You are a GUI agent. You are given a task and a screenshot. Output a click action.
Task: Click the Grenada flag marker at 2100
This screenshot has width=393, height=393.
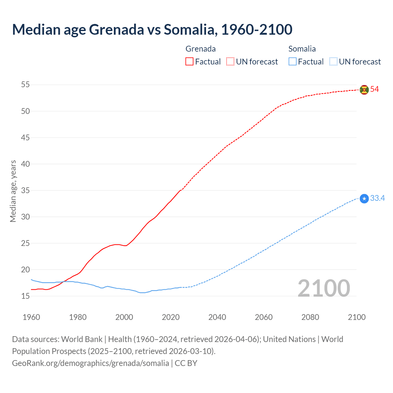[364, 90]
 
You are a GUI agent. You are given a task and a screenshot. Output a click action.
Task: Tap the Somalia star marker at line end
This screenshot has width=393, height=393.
[364, 199]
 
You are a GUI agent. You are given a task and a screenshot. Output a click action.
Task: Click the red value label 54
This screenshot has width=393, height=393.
[375, 89]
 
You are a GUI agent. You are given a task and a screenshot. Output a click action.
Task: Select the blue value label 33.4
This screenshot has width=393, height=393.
[377, 198]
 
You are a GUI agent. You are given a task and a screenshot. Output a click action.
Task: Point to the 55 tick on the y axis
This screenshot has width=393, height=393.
[25, 84]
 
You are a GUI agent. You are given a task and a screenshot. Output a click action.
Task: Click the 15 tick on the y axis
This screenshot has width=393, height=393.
[25, 296]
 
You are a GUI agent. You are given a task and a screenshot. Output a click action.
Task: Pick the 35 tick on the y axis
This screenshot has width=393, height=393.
[25, 190]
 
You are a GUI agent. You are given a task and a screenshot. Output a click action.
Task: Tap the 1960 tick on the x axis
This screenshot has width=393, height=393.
[31, 317]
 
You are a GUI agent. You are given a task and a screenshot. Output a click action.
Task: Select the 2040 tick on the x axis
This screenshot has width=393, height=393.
[217, 317]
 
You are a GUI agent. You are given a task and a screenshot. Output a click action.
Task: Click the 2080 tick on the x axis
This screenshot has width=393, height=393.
[310, 317]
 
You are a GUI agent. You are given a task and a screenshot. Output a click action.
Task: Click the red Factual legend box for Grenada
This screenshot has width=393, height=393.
[189, 62]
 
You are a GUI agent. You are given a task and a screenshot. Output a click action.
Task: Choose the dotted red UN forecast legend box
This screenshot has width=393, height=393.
[230, 62]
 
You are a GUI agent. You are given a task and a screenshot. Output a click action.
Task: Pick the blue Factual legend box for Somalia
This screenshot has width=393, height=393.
[293, 62]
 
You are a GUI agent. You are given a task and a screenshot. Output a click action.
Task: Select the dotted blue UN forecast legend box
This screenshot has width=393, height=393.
[333, 62]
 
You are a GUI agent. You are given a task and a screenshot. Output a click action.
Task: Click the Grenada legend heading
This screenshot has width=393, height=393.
[200, 49]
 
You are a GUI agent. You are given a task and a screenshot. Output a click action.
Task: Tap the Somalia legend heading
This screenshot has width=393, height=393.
[302, 49]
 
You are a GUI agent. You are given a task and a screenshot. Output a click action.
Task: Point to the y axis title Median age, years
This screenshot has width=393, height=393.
[13, 191]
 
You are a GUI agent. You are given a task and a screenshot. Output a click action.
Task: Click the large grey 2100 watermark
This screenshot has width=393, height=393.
[324, 288]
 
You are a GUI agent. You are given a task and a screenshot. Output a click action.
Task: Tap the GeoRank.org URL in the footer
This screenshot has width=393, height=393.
[91, 363]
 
